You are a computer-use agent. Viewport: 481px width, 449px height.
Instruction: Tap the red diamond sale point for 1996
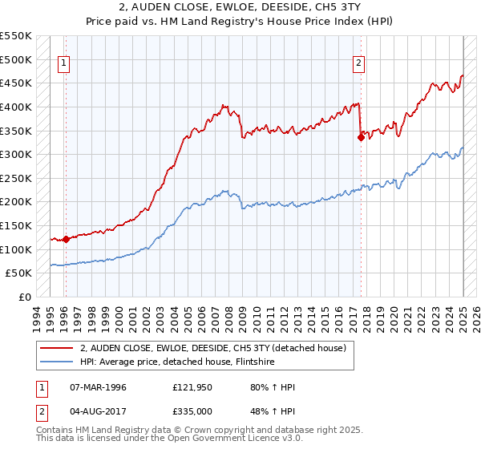pos(66,238)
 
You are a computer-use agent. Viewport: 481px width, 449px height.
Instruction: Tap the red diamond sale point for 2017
pos(361,137)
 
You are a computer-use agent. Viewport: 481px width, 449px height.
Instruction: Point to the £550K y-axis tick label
pos(16,36)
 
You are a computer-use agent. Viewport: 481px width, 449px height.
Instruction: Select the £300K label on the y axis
pos(16,154)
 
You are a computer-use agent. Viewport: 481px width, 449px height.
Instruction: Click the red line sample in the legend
pos(56,348)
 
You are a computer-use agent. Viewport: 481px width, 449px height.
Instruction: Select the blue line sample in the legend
pos(56,362)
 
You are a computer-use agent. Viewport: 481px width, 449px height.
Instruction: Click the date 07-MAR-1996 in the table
pos(99,387)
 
